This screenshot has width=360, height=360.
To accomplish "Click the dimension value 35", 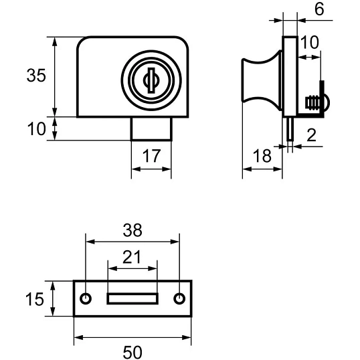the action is click(36, 76).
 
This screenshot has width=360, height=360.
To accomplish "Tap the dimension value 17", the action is click(151, 156).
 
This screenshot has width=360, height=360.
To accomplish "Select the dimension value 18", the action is click(262, 156).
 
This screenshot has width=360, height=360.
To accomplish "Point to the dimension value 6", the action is click(319, 9).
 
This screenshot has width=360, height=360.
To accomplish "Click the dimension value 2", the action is click(311, 135).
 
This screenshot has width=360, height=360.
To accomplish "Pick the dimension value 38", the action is click(132, 230).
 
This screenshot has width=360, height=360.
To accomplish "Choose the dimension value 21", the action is click(131, 258).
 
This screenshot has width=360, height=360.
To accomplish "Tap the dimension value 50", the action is click(132, 353).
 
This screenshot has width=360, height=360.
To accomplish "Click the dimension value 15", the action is click(34, 299).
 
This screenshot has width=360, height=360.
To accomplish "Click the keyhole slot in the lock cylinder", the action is click(151, 80).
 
